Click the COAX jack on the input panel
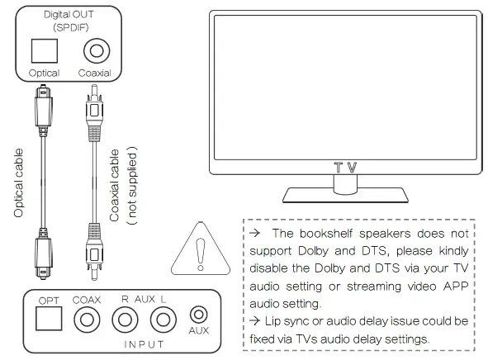(86, 319)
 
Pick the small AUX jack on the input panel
(199, 315)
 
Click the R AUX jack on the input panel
(125, 319)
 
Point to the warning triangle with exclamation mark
(201, 248)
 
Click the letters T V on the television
(345, 167)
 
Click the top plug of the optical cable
(41, 103)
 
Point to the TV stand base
(344, 195)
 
